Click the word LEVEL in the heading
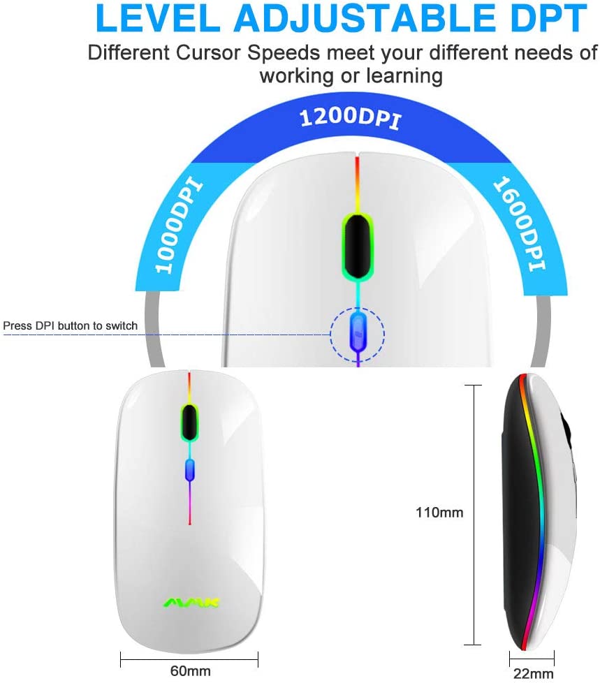[158, 18]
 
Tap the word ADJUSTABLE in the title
[364, 18]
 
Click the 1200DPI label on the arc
[350, 118]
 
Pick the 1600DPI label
[519, 224]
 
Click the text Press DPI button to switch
[70, 326]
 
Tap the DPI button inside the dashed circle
[358, 331]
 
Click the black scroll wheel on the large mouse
[358, 247]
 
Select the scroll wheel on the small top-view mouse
[189, 422]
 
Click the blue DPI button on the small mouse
[189, 471]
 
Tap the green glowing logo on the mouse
[191, 603]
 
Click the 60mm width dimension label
[191, 671]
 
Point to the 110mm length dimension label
[439, 513]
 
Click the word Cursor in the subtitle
[208, 53]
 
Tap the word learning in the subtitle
[404, 76]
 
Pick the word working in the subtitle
[296, 76]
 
